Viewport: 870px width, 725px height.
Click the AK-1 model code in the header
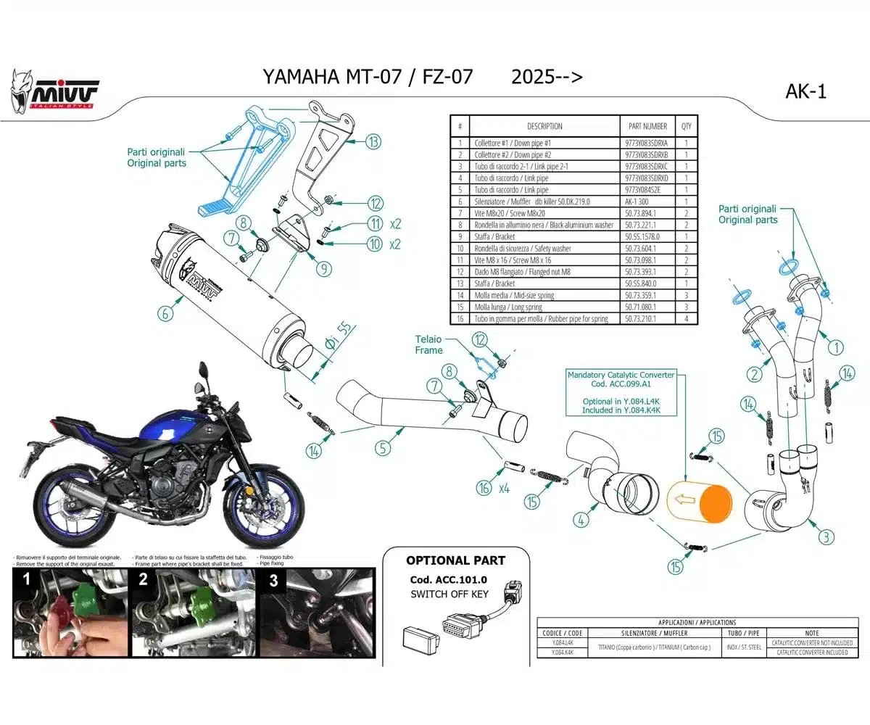(x=805, y=91)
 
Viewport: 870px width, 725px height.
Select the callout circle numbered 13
(x=373, y=142)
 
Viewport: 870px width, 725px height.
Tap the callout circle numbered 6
(x=165, y=313)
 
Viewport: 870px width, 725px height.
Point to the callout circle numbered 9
(x=323, y=268)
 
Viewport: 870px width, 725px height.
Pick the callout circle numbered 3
(x=826, y=537)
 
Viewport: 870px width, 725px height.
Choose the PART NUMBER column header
(x=646, y=126)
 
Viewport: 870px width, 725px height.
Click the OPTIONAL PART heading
(x=455, y=560)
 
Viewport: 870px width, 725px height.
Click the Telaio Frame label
(x=428, y=344)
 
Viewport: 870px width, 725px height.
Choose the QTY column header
(x=686, y=126)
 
